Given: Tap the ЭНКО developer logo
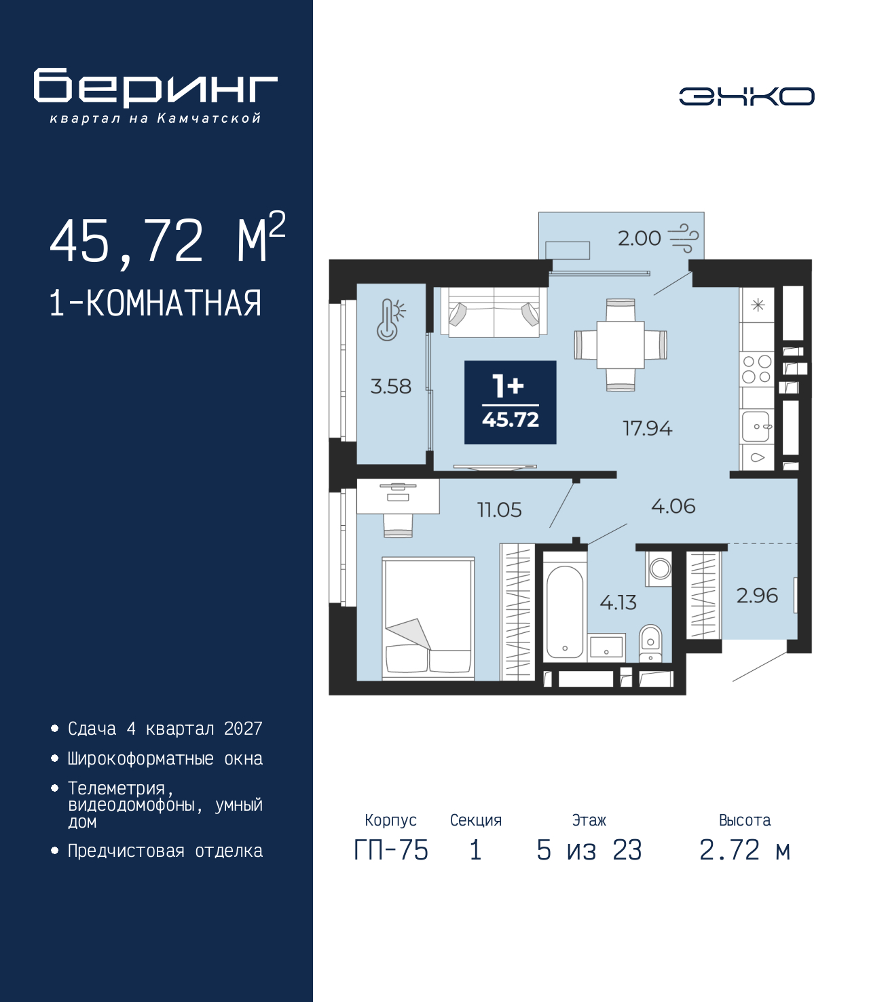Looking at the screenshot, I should tap(746, 96).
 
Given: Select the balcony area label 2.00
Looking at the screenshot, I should tap(639, 239).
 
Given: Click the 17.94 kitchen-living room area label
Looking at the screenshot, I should tap(647, 429).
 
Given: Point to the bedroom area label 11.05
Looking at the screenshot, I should tap(499, 510).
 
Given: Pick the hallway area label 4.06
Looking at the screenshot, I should tap(673, 506).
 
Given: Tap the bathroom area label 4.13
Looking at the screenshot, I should tap(618, 602).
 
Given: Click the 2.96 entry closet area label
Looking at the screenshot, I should tap(756, 596).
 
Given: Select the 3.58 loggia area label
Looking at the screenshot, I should tap(390, 387).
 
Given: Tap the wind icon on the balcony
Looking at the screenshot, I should tap(683, 238).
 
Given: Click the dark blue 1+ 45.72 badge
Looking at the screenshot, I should tap(510, 402).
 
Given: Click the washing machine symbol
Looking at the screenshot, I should tap(659, 568).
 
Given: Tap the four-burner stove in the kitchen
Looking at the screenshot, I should tap(756, 370).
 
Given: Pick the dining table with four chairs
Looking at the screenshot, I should tap(621, 345).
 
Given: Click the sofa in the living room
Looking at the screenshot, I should tap(494, 312).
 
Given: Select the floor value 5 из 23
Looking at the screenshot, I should tap(589, 850).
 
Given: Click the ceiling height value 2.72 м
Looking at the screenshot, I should tap(745, 850).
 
